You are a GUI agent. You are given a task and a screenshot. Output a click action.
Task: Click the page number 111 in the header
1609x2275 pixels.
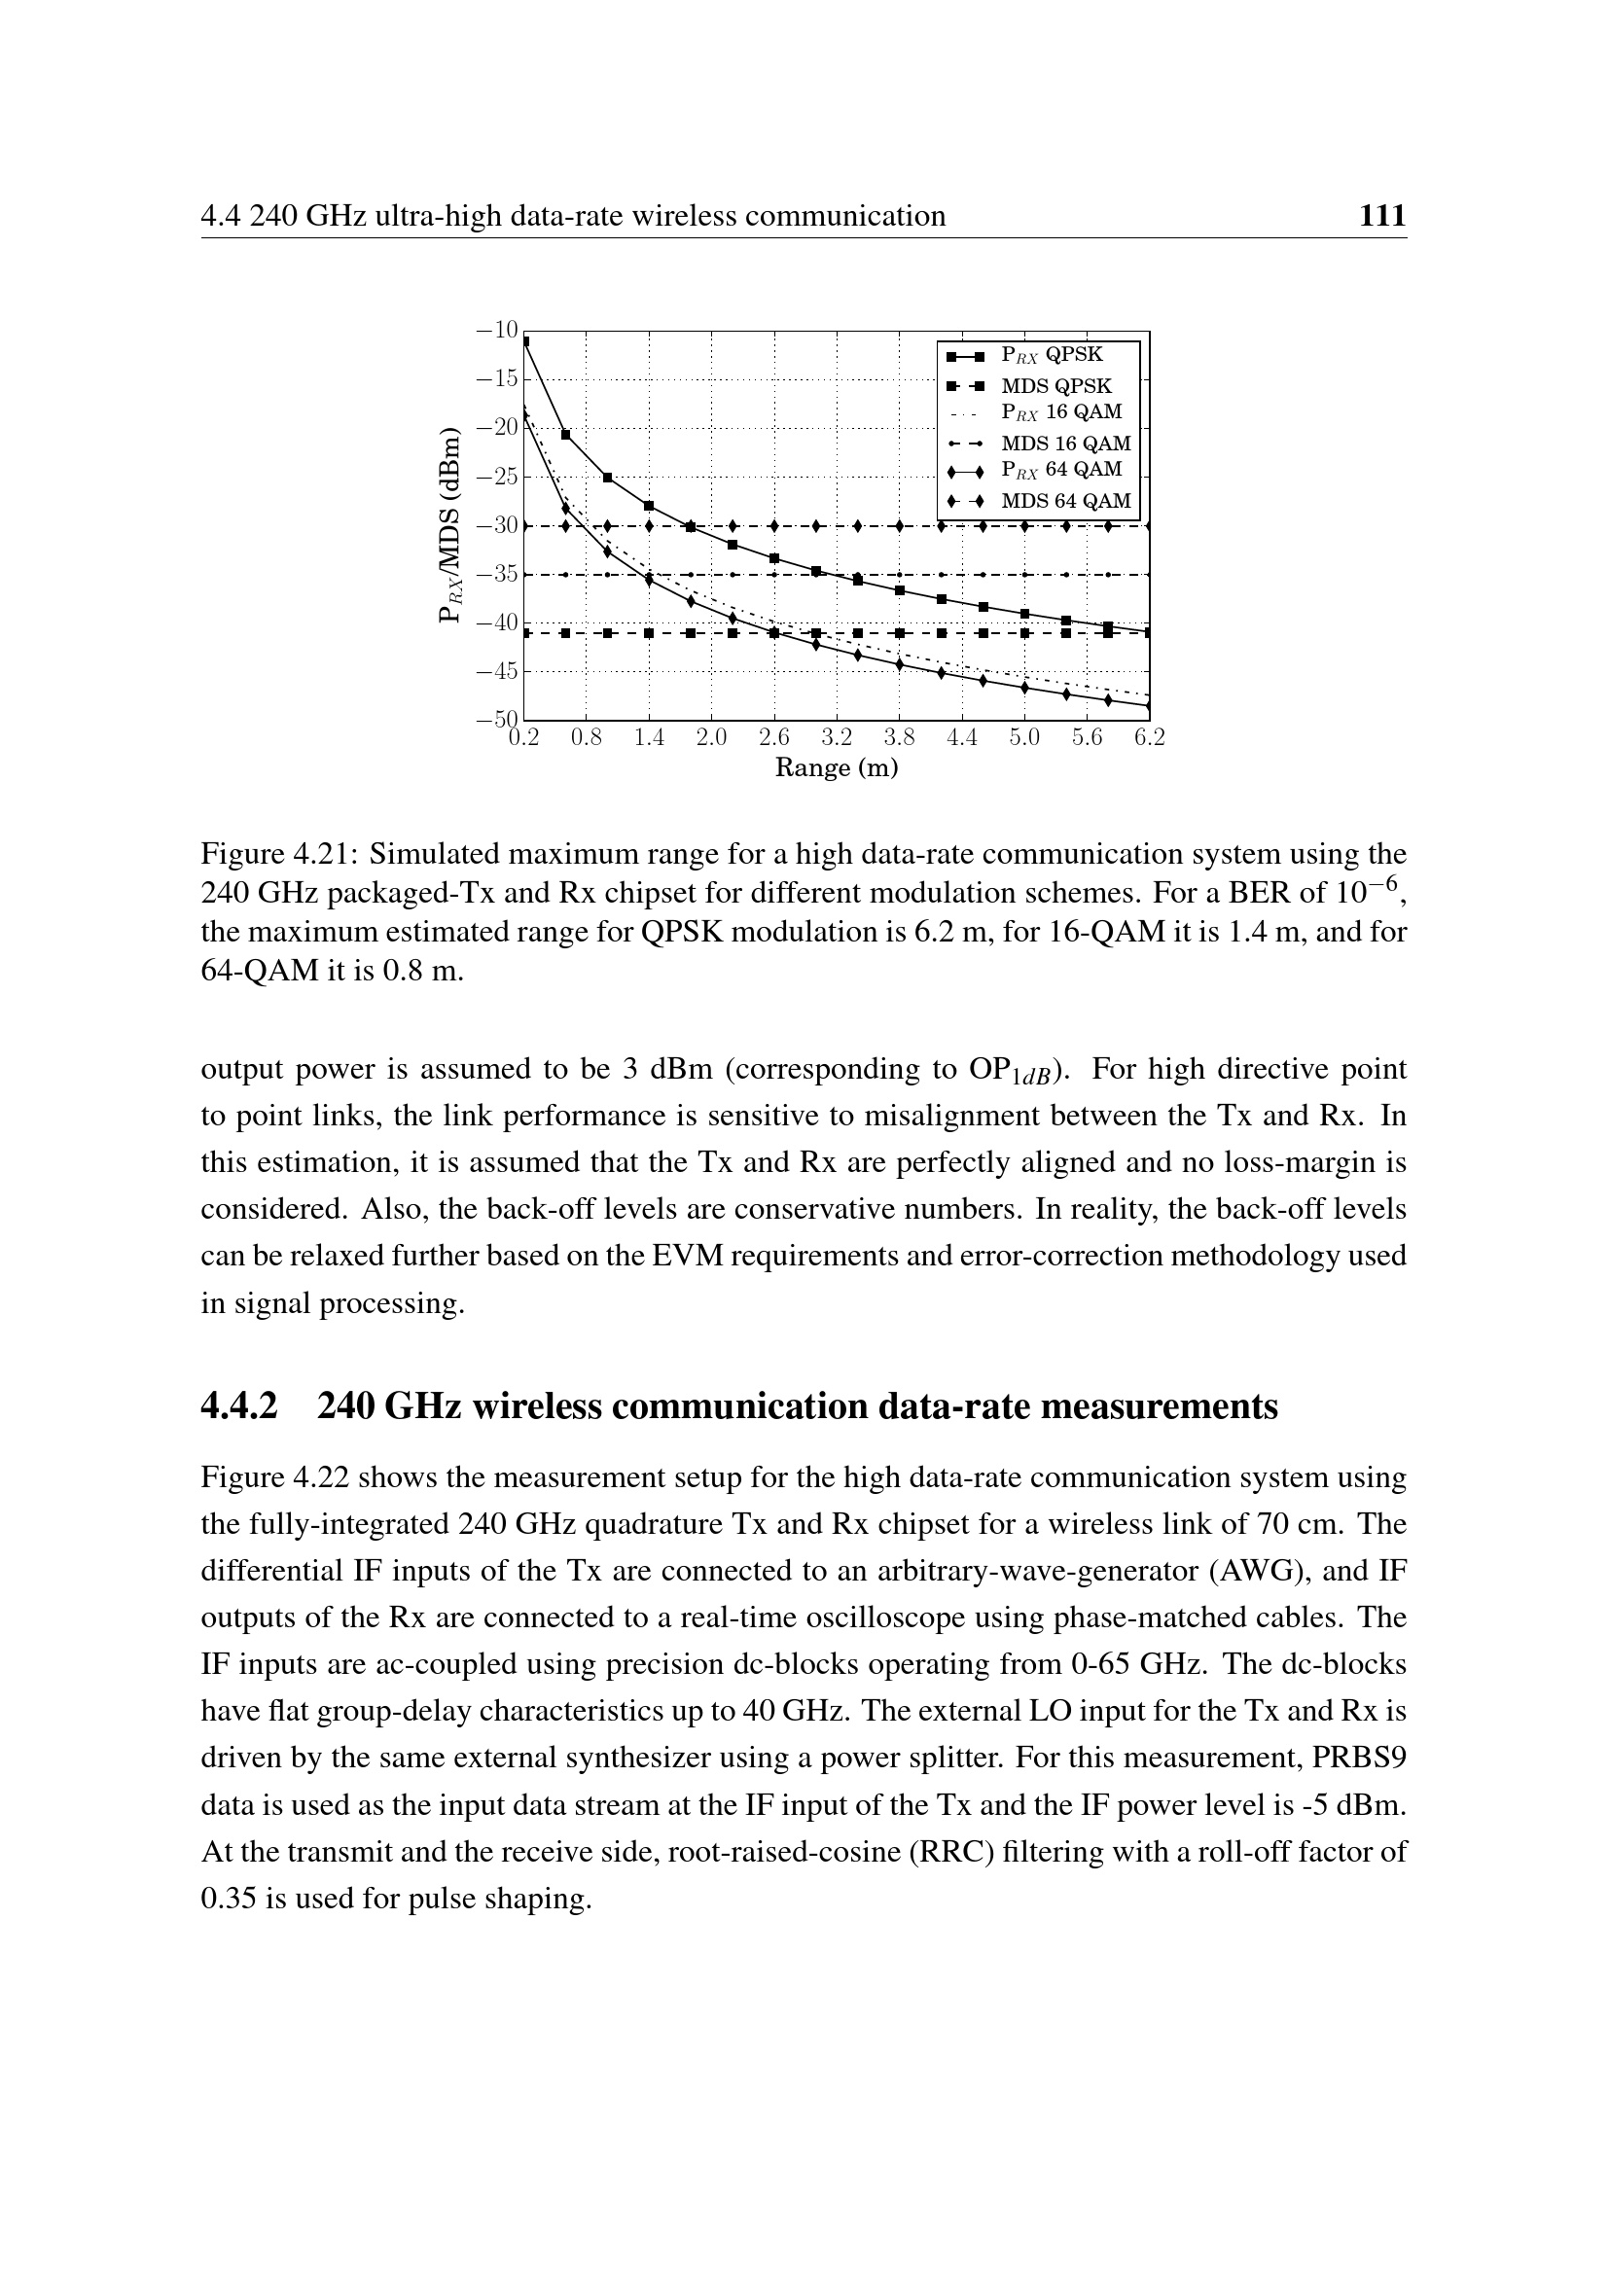point(1382,216)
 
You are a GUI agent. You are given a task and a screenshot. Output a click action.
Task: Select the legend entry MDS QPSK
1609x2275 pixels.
point(1056,386)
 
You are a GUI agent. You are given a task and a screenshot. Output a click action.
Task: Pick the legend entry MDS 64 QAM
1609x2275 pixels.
point(1065,501)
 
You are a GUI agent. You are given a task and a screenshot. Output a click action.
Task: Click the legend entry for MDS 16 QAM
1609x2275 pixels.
point(1065,444)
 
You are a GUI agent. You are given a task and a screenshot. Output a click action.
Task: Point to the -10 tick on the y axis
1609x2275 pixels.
point(497,330)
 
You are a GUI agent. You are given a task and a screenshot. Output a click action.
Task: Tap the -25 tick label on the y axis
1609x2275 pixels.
point(497,477)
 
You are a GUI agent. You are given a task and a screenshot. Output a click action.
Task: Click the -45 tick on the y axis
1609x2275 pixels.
point(497,672)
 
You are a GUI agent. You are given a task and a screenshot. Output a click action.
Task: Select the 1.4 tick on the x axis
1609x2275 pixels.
point(649,738)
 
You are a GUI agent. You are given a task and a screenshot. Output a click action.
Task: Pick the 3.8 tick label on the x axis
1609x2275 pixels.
point(899,738)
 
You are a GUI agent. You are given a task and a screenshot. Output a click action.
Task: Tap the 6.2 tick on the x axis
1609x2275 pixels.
point(1149,738)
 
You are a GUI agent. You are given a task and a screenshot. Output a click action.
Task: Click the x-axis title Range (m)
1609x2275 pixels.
point(837,768)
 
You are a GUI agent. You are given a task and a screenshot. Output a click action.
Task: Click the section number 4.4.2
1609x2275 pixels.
point(239,1406)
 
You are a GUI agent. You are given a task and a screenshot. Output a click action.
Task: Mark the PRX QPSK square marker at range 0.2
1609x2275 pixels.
point(525,342)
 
